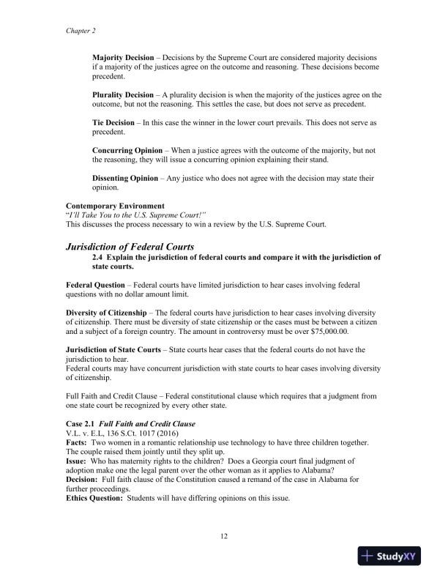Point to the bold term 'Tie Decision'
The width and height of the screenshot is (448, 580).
113,122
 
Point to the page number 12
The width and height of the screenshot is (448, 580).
224,537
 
